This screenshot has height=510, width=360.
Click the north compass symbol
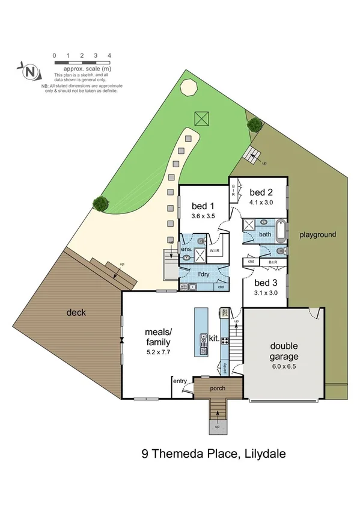[x=31, y=72]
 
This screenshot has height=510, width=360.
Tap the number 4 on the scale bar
[x=109, y=55]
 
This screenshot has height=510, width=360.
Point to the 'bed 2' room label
[x=261, y=192]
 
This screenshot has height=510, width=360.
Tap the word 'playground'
[x=317, y=235]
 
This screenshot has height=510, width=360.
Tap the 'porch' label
[x=217, y=389]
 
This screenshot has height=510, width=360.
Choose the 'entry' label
[x=180, y=381]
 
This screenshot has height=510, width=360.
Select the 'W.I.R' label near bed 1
[x=215, y=250]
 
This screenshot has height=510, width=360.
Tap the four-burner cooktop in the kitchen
[x=225, y=340]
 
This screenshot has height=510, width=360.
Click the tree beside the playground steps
[x=255, y=124]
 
